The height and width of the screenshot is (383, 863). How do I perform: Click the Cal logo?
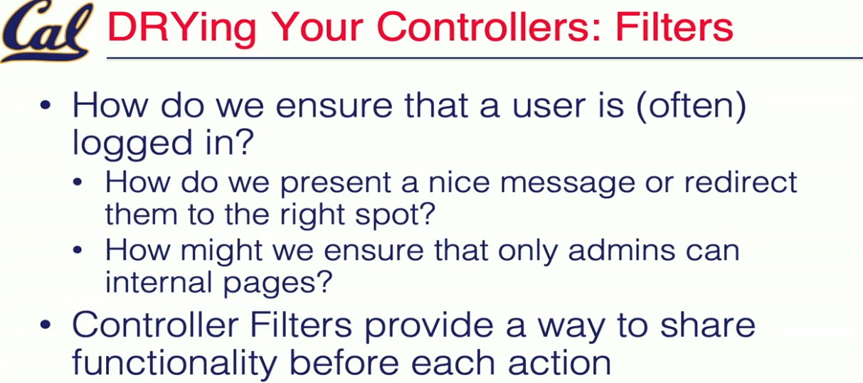[x=46, y=31]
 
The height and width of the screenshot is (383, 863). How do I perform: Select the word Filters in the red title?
[x=674, y=27]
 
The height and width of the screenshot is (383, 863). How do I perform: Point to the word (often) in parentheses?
[x=691, y=107]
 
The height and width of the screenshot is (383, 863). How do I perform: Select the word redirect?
[x=741, y=182]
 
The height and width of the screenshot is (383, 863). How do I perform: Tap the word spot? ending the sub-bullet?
[x=395, y=215]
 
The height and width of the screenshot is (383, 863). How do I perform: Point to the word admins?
[x=621, y=250]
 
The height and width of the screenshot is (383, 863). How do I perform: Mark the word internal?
[x=159, y=282]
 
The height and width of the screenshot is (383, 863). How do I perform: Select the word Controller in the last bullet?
[x=155, y=325]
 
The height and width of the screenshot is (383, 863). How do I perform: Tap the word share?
[x=708, y=325]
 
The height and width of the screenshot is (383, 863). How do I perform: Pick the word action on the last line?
[x=560, y=362]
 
